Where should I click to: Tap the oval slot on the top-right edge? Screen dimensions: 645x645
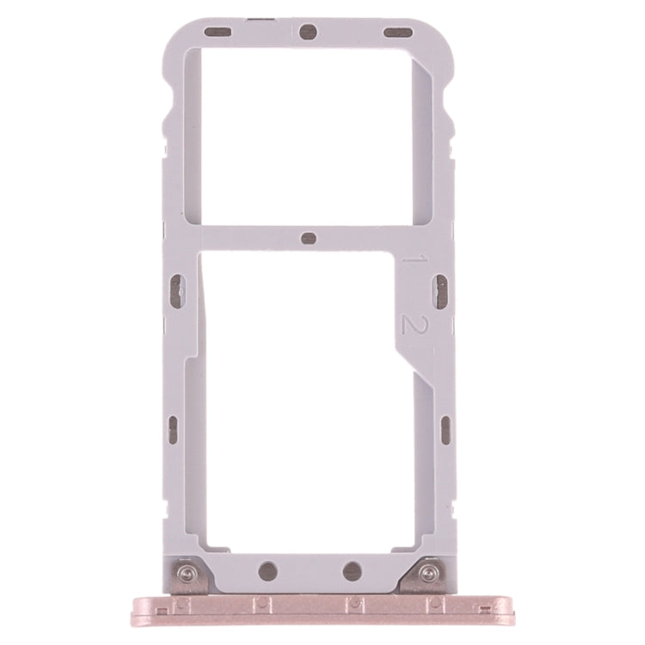(x=397, y=34)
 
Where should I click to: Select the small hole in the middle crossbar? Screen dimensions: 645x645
(x=310, y=238)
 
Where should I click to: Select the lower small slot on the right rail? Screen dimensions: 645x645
(x=445, y=429)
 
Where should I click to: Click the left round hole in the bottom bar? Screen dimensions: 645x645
(x=268, y=569)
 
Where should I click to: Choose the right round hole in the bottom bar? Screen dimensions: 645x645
(x=352, y=569)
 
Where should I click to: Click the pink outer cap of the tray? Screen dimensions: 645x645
(x=310, y=605)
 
